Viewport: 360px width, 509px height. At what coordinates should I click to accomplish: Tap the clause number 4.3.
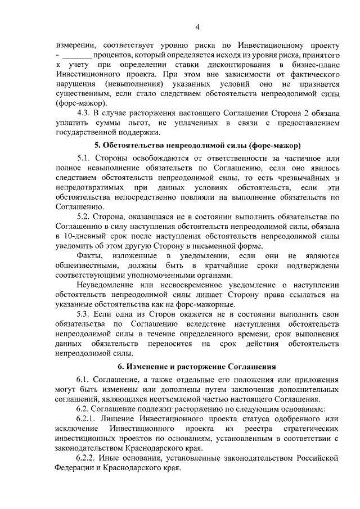click(83, 112)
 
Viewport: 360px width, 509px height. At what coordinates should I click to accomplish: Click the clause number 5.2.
click(84, 217)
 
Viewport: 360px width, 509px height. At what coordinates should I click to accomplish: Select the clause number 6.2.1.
click(87, 419)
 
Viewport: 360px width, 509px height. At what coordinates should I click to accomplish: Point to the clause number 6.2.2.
click(87, 458)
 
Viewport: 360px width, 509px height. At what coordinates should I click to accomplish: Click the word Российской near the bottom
click(318, 458)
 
